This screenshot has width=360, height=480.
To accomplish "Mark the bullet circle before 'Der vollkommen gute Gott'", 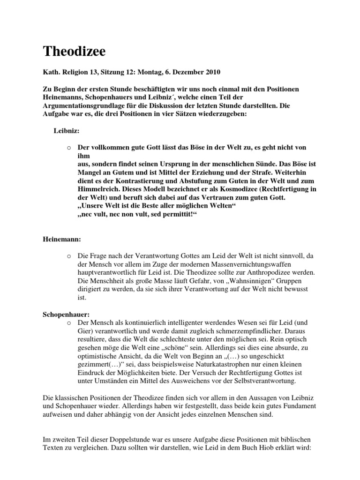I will click(x=68, y=148).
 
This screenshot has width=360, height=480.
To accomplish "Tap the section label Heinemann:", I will click(x=62, y=239).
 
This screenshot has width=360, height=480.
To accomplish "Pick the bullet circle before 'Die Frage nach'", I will click(x=68, y=255).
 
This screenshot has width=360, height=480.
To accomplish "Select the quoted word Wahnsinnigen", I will click(x=219, y=281).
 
